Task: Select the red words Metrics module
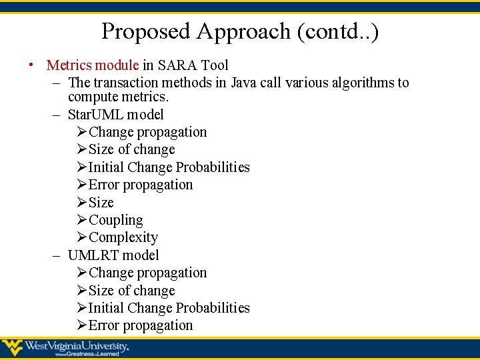(x=93, y=65)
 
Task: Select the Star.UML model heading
(x=115, y=115)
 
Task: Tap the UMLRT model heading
(x=113, y=255)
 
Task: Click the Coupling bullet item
(x=115, y=220)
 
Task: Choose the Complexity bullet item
(x=123, y=237)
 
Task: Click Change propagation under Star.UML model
(x=147, y=132)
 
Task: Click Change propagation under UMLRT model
(x=147, y=273)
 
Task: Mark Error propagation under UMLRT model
(x=141, y=325)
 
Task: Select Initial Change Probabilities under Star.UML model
(x=169, y=167)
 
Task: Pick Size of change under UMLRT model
(x=131, y=291)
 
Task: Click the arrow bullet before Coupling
(x=82, y=220)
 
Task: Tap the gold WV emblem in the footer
(x=12, y=347)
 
